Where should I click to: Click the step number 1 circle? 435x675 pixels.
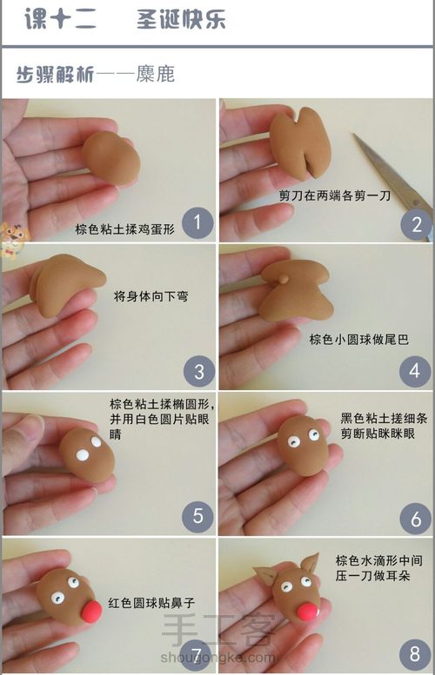(198, 224)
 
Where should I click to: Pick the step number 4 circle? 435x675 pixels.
(414, 371)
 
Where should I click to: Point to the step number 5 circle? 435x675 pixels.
(197, 516)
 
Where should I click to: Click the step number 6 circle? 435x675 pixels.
(415, 519)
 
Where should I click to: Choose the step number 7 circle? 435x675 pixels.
(198, 652)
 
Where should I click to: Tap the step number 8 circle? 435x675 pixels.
(415, 652)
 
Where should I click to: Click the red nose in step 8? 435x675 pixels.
(307, 611)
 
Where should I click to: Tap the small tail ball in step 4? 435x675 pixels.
(284, 278)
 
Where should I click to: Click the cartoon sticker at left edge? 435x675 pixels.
(10, 239)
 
